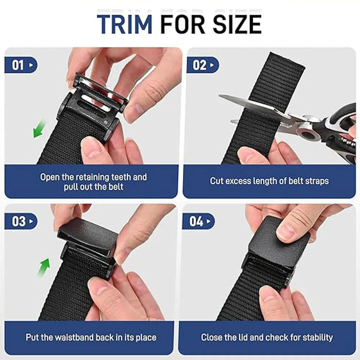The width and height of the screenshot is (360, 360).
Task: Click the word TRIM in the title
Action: (x=125, y=24)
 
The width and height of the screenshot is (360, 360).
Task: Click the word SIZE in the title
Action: (x=237, y=24)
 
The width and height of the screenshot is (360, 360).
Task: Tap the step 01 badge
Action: (x=21, y=65)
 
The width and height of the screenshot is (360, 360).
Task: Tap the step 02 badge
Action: (x=203, y=65)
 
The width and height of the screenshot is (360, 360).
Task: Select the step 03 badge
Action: (x=21, y=221)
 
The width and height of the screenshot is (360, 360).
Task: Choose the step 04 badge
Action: (x=199, y=221)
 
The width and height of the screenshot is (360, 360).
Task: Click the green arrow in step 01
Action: (x=39, y=129)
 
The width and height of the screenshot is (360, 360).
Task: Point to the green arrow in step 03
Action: (x=44, y=267)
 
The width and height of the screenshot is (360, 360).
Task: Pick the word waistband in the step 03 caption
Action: (x=75, y=337)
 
